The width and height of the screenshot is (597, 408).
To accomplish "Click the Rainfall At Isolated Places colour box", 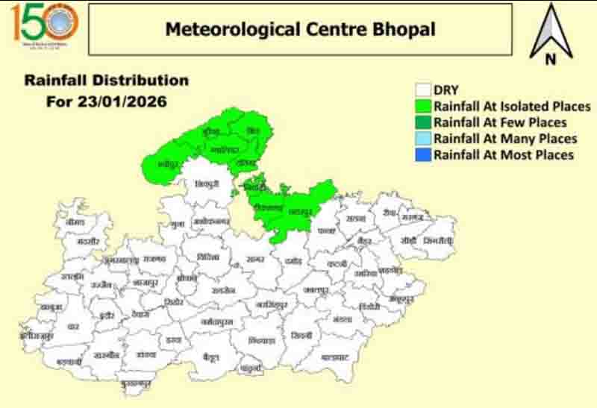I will point(424,107).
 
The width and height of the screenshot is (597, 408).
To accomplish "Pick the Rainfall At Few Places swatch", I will point(424,122).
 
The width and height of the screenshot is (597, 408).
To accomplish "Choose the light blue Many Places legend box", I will point(424,139).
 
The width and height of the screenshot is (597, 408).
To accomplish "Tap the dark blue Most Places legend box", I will point(424,155).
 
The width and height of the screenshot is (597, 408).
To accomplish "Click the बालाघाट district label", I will point(335,357).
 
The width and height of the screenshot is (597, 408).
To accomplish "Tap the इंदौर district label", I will point(106,316).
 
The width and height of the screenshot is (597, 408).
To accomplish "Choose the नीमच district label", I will point(75,222).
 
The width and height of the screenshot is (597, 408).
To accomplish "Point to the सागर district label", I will point(255,259).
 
